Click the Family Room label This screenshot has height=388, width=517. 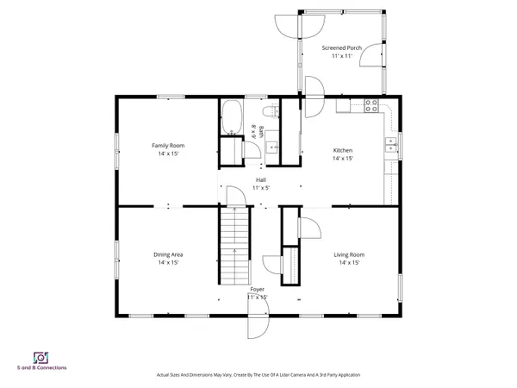click(169, 146)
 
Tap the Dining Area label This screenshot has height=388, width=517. click(169, 254)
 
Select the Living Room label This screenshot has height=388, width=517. click(349, 254)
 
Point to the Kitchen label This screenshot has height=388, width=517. click(343, 150)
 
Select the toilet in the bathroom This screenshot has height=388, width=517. click(270, 111)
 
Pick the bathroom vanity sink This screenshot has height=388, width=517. click(269, 147)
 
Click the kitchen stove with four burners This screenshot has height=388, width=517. click(372, 106)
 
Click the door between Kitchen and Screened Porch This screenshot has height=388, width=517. click(314, 87)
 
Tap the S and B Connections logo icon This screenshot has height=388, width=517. click(40, 357)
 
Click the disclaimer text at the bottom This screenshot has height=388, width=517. click(258, 375)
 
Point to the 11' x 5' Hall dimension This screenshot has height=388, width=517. click(260, 187)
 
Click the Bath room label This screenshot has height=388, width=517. click(253, 130)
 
